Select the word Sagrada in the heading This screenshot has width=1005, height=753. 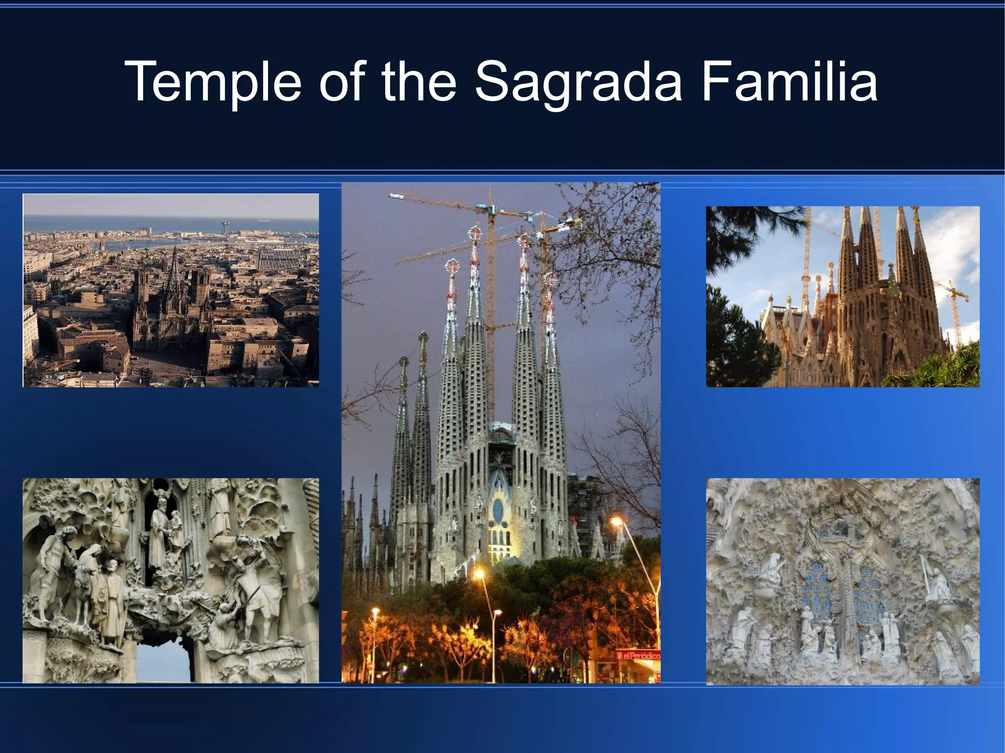coord(579,82)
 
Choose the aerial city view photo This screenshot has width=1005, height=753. coord(171,290)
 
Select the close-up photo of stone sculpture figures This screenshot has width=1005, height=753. coord(171,580)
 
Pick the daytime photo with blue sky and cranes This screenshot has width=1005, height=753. coord(843,296)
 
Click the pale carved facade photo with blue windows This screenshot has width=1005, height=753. coord(843,581)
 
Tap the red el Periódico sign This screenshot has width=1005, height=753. coord(638,655)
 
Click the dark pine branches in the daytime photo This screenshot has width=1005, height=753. coord(731,235)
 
